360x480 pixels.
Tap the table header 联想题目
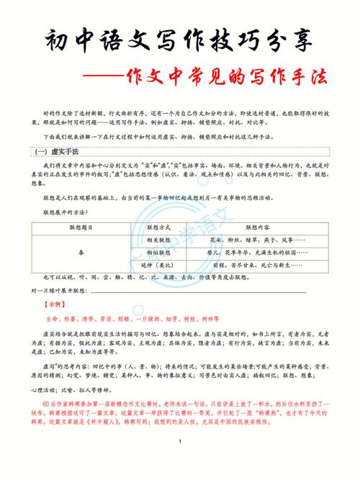click(80, 227)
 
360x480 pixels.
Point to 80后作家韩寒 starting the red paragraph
click(65, 404)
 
